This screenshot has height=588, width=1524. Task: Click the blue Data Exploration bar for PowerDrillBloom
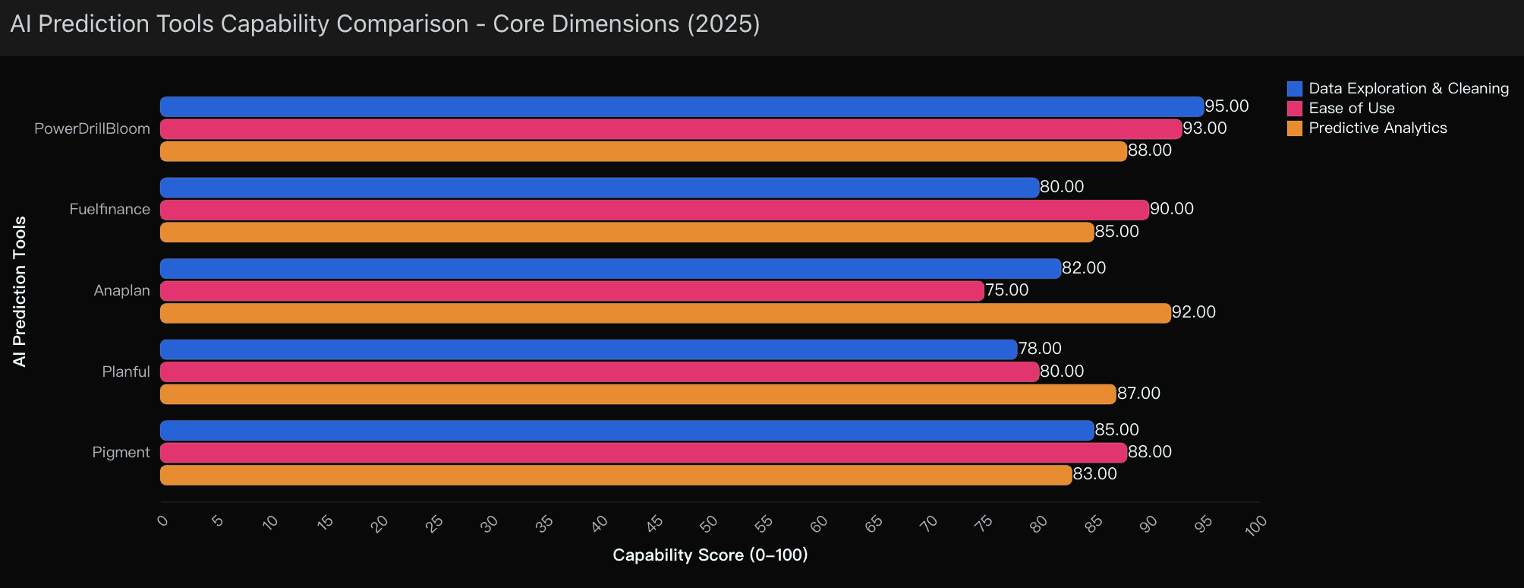pos(682,106)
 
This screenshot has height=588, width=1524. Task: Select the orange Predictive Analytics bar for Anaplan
pos(665,313)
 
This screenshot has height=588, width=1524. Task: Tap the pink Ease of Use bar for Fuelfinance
pos(654,210)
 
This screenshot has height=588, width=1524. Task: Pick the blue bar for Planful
pos(588,349)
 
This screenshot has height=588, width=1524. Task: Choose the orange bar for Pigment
pos(616,476)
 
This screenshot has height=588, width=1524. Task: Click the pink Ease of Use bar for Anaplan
pos(571,291)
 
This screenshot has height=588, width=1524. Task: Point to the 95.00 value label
pos(1226,106)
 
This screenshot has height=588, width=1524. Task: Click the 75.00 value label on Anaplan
pos(1006,290)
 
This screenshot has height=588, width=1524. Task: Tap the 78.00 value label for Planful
pos(1040,349)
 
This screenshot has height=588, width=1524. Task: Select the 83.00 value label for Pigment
pos(1094,474)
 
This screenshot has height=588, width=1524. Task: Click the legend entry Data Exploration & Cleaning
pos(1408,89)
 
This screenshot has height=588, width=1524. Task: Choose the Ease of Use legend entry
pos(1351,109)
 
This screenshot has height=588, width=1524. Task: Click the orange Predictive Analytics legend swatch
pos(1295,128)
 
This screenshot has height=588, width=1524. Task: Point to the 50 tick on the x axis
pos(709,523)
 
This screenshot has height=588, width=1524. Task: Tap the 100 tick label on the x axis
pos(1256,524)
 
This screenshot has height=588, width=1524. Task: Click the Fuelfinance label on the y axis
pos(109,210)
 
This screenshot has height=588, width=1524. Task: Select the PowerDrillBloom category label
pos(92,129)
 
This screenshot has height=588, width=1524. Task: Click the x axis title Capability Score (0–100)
pos(710,555)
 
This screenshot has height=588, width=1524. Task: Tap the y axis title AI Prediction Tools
pos(20,291)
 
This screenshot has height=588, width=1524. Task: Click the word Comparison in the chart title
pos(401,24)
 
